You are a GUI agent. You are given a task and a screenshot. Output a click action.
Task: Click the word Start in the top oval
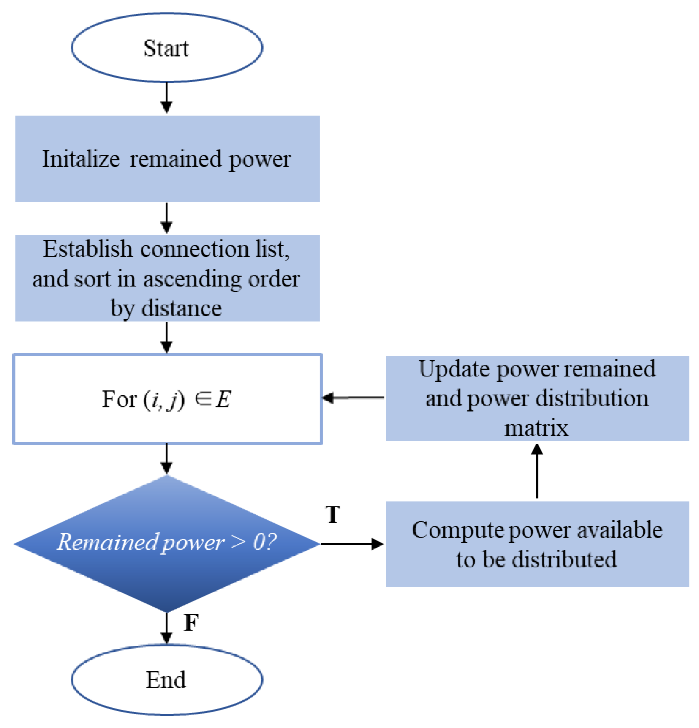[x=166, y=48]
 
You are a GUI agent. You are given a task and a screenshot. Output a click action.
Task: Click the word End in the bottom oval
[x=166, y=680]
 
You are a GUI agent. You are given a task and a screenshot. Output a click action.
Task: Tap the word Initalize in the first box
[x=81, y=159]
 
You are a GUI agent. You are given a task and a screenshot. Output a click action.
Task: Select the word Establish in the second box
[x=87, y=249]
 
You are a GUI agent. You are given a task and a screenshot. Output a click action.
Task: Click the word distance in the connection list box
[x=181, y=308]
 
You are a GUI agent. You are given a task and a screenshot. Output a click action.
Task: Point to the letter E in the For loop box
[x=223, y=399]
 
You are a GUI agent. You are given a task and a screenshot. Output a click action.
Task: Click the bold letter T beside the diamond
[x=332, y=515]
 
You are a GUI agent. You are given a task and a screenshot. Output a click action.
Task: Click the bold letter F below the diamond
[x=191, y=622]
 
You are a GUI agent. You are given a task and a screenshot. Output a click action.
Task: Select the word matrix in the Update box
[x=536, y=428]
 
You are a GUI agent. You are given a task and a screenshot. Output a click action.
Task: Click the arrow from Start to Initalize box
[x=166, y=98]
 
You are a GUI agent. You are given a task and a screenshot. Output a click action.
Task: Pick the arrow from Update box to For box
[x=353, y=398]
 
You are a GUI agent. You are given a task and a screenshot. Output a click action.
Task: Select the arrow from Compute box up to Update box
[x=537, y=471]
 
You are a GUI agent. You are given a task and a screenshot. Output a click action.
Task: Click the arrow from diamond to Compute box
[x=352, y=543]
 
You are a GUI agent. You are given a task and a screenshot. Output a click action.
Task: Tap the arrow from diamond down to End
[x=166, y=628]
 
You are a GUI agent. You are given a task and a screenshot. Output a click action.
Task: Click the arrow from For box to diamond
[x=166, y=458]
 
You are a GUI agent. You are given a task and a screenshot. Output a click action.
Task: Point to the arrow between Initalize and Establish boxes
[x=166, y=218]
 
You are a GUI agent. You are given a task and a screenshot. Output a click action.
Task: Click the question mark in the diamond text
[x=272, y=541]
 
